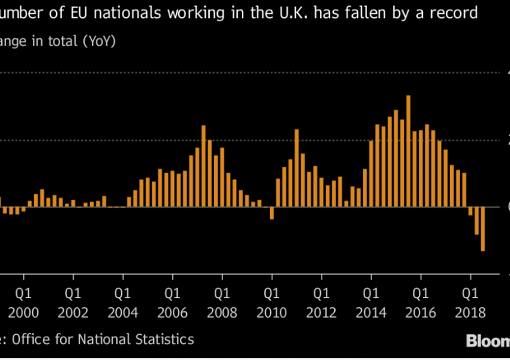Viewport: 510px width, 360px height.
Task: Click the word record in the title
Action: click(x=457, y=13)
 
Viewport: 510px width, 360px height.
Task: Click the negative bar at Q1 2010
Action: click(x=272, y=213)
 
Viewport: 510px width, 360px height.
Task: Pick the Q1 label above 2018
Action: click(x=470, y=295)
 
